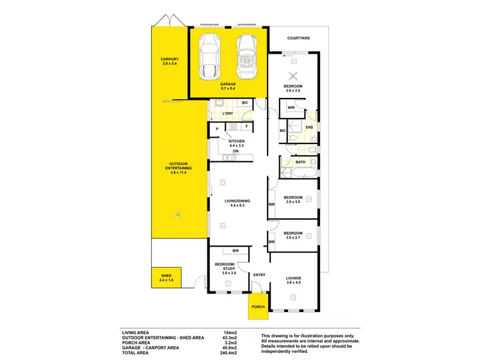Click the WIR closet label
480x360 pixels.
[291, 108]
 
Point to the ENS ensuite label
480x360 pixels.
[308, 127]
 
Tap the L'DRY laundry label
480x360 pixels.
[227, 114]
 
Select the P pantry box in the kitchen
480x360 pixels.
[218, 129]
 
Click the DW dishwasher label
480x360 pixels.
[236, 151]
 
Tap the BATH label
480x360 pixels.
[300, 162]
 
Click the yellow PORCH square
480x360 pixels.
[257, 306]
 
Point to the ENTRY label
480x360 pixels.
[259, 275]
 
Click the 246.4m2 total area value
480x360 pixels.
[230, 354]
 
